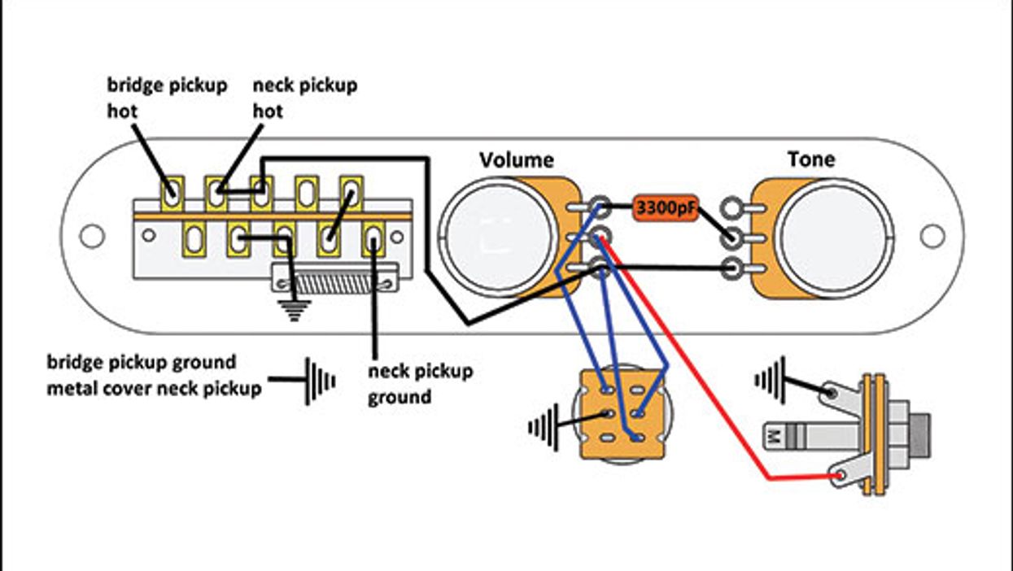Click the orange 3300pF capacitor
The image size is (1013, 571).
666,208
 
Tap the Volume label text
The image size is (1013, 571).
516,159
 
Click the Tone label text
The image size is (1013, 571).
810,159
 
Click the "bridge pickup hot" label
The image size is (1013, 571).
167,98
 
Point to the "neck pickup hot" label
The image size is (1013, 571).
304,98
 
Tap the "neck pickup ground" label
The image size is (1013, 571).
420,384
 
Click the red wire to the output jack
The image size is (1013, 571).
692,366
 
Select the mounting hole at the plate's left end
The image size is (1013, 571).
92,236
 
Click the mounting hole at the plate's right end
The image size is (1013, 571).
932,236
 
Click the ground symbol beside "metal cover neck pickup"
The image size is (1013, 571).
319,381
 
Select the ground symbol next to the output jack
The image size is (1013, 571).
770,379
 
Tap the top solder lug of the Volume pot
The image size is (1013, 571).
600,207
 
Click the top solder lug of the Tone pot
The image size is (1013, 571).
732,208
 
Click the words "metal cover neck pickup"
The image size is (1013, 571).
154,389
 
